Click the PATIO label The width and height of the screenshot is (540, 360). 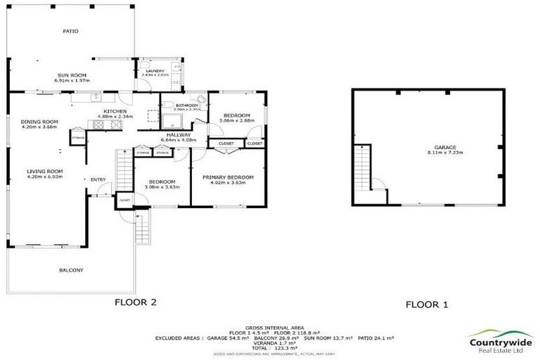(x=70, y=32)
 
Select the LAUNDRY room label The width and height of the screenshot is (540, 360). (x=155, y=71)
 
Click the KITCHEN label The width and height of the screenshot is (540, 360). (x=115, y=112)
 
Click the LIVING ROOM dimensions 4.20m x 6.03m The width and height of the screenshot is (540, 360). (x=45, y=176)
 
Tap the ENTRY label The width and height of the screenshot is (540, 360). (x=98, y=179)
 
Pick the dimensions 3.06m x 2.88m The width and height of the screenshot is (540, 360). (x=235, y=120)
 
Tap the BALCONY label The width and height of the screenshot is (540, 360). (x=71, y=270)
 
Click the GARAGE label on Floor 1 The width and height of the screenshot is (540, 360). (x=440, y=147)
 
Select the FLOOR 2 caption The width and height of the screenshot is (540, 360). (x=135, y=302)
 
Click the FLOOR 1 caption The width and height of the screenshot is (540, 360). (x=427, y=304)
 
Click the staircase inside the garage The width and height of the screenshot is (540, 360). (x=364, y=169)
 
